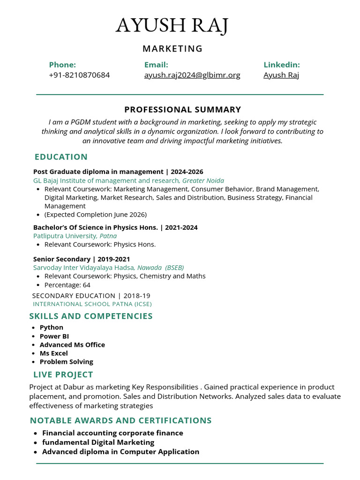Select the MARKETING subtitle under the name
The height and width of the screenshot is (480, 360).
click(172, 49)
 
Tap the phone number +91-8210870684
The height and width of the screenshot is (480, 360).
click(79, 75)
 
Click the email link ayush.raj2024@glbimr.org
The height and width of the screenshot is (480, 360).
click(192, 75)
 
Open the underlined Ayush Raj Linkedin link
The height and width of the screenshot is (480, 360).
click(281, 75)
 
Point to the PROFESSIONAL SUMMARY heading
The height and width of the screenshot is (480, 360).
click(182, 110)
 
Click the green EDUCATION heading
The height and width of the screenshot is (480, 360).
click(61, 157)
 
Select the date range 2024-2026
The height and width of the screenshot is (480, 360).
click(187, 172)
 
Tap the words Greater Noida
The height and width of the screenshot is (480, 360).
click(203, 180)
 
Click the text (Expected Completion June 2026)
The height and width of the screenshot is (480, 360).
click(96, 215)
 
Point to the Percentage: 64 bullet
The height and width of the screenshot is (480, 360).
click(67, 285)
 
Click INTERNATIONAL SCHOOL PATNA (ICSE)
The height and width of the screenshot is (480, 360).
click(92, 304)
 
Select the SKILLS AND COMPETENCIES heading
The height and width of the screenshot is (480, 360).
click(91, 316)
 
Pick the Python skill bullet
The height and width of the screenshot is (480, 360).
click(52, 328)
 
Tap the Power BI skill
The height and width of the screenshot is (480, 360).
click(54, 336)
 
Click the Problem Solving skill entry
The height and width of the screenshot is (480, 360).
click(67, 362)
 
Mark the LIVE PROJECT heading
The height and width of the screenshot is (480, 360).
click(63, 375)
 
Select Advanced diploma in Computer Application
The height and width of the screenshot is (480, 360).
click(120, 452)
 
